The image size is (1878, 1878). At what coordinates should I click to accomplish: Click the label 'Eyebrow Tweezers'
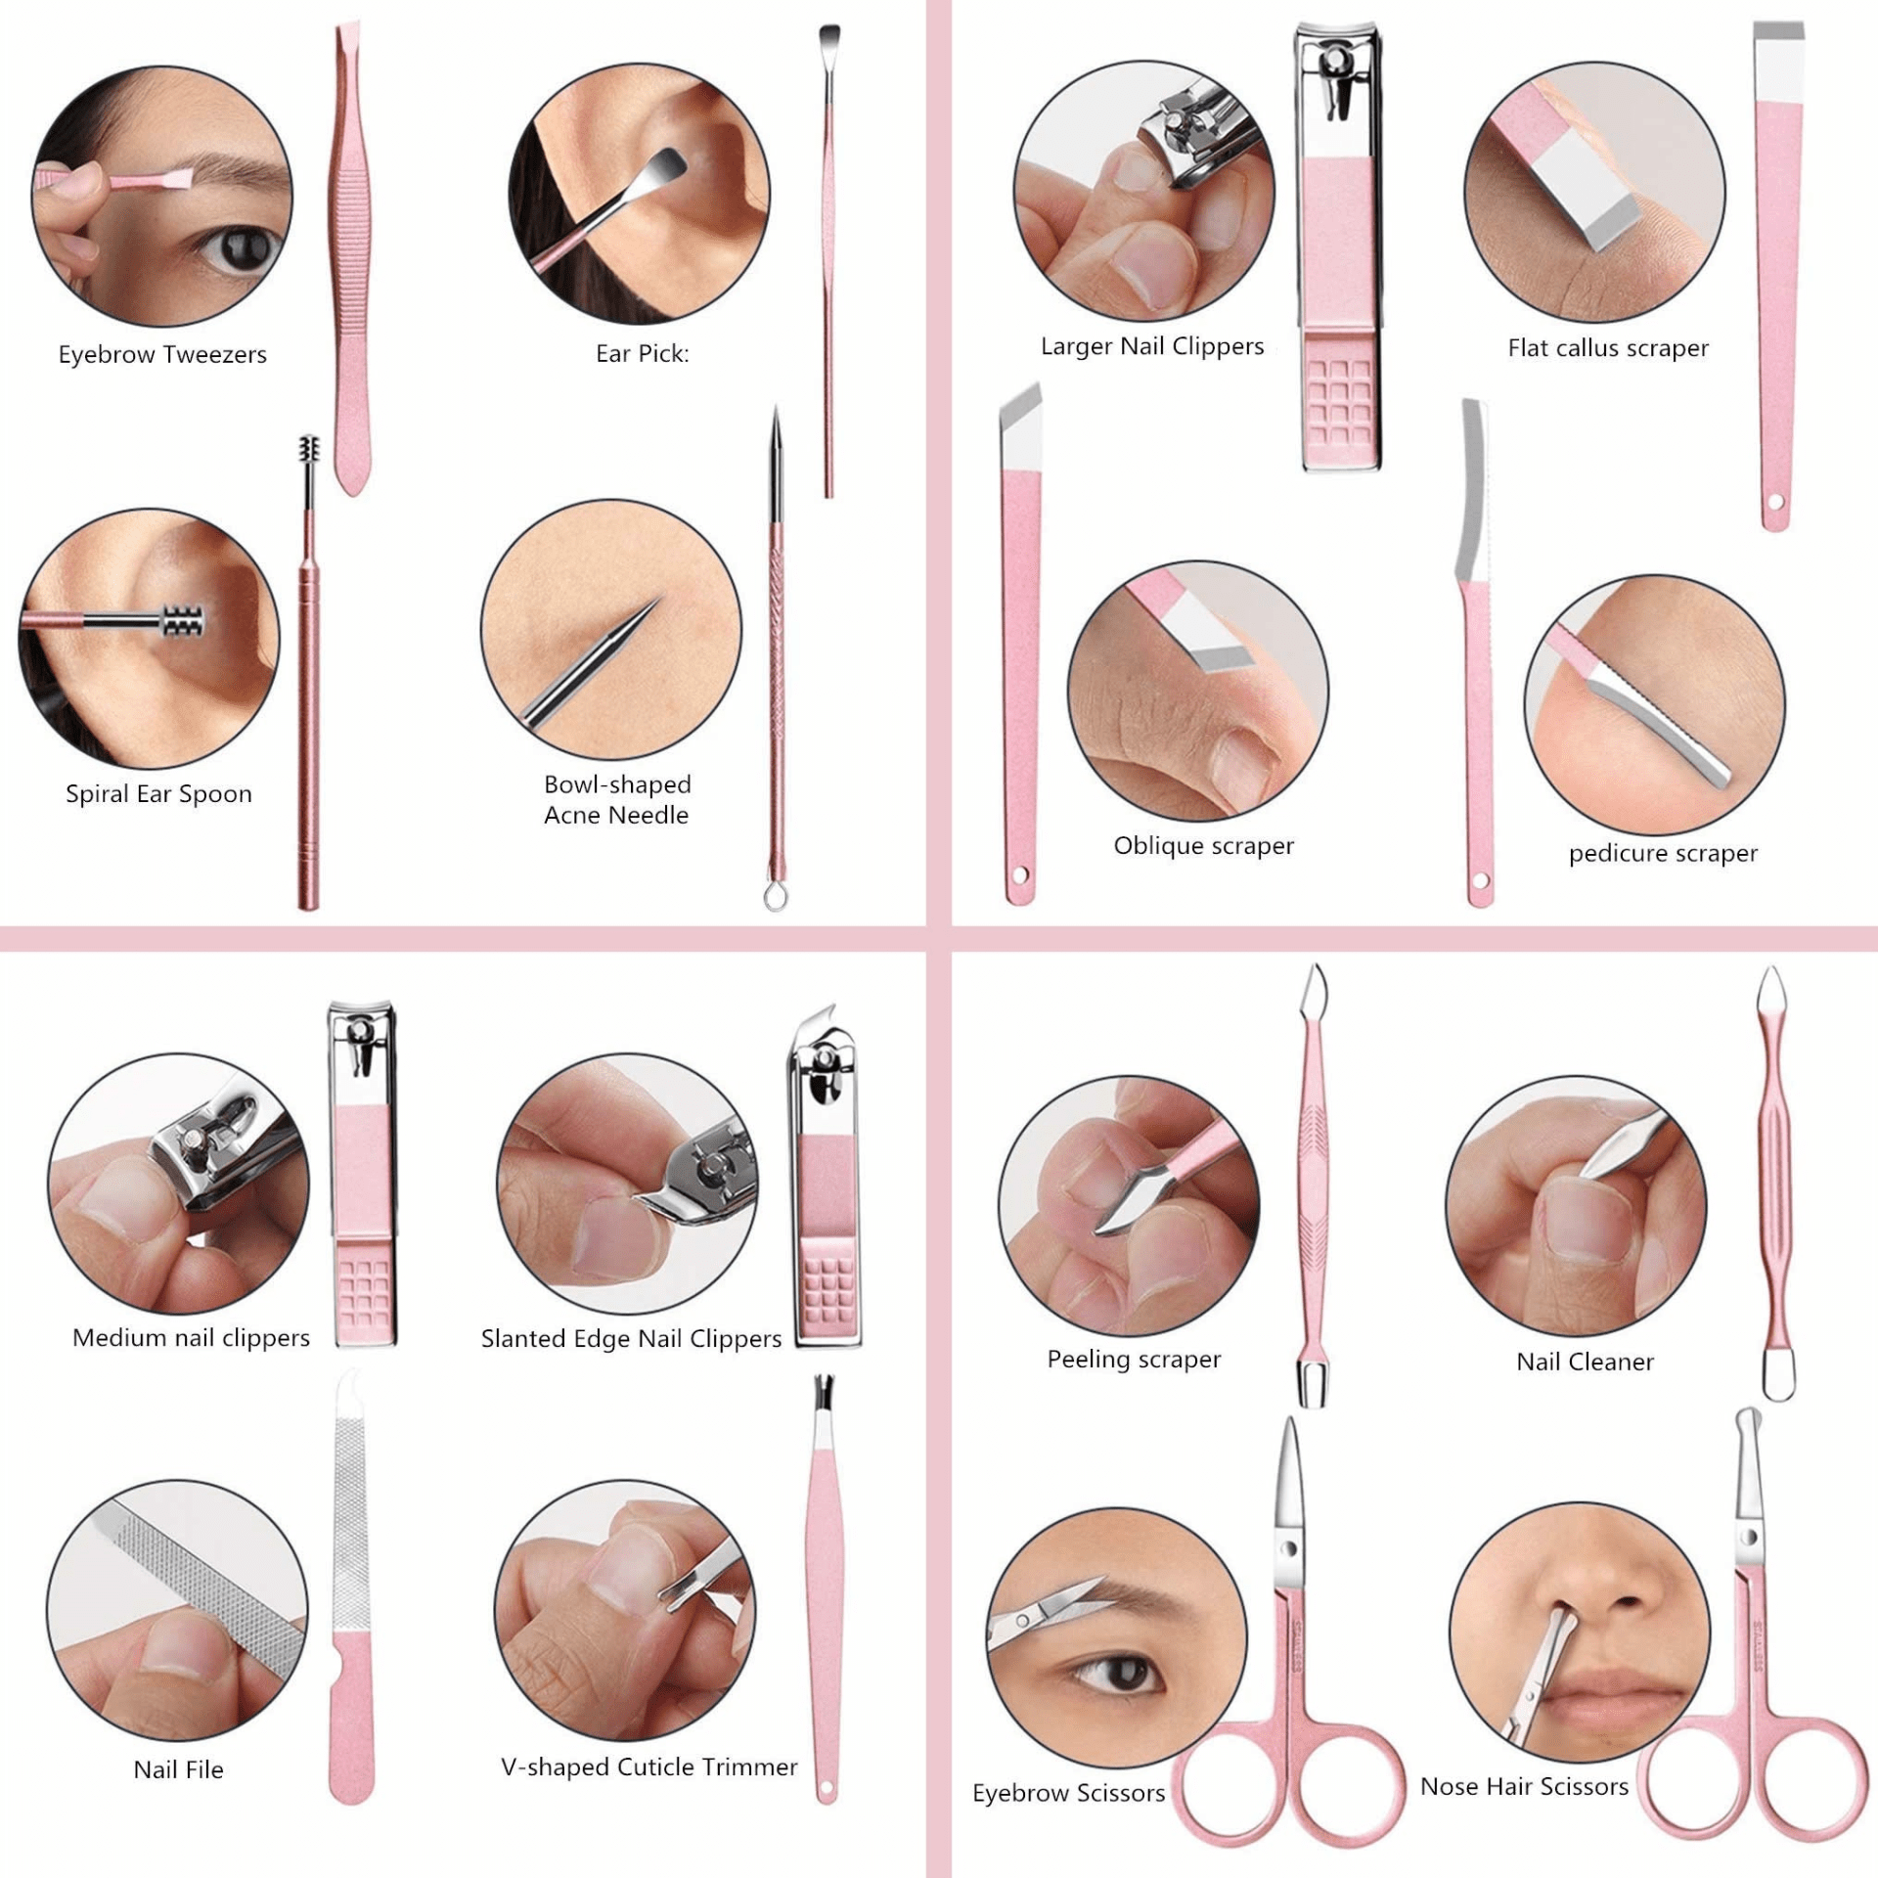tap(162, 354)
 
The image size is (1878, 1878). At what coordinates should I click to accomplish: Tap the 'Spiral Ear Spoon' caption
tap(158, 793)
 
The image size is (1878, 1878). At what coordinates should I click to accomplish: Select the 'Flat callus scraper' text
tap(1608, 348)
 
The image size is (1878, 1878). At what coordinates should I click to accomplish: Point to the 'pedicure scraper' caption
tap(1663, 853)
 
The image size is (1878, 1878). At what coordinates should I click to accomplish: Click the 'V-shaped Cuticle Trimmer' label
tap(648, 1766)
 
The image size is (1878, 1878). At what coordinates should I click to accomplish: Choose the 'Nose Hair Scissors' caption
tap(1524, 1786)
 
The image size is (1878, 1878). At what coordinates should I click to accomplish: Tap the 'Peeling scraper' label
tap(1134, 1359)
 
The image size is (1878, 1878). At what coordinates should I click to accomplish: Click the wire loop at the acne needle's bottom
tap(776, 895)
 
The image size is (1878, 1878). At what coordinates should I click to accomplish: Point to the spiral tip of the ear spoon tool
tap(309, 453)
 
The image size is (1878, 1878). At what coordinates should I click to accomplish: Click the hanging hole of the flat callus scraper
tap(1776, 503)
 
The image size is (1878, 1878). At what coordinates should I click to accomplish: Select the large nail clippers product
tap(1340, 245)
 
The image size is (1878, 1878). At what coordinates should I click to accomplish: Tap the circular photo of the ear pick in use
tap(639, 194)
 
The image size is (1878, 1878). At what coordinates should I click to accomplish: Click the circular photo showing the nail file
tap(177, 1610)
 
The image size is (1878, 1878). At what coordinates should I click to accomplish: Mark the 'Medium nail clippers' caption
tap(191, 1337)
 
